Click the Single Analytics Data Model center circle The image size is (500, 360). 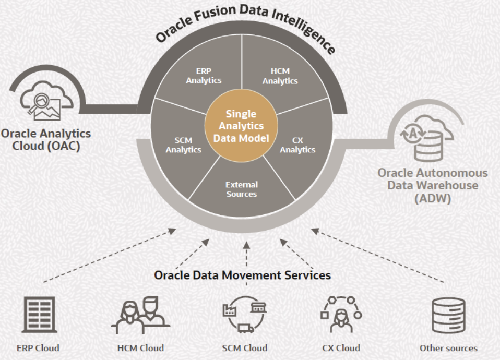pos(241,127)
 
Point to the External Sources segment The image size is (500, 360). pos(242,189)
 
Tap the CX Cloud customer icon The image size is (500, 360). pos(341,316)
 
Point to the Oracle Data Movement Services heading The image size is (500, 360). pos(242,275)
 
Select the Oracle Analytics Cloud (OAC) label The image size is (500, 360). pos(45,139)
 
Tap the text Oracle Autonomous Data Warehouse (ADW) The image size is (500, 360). pos(433,185)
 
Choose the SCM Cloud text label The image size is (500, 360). pos(244,348)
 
